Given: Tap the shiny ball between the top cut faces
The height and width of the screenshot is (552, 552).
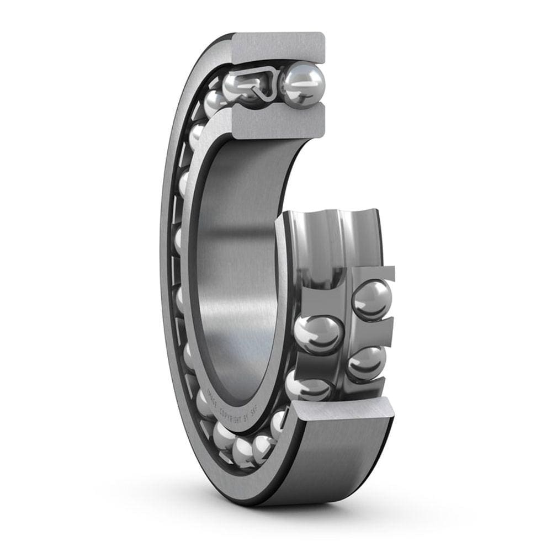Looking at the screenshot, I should (x=302, y=85).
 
